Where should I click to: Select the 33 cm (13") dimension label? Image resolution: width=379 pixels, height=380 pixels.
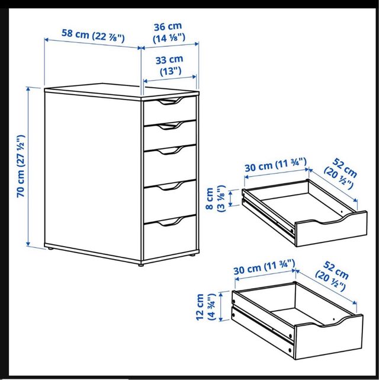coord(170,65)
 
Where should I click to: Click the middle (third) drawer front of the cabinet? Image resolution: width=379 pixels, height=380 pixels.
coord(169,160)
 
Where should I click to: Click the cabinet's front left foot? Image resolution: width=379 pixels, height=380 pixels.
coord(140,264)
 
